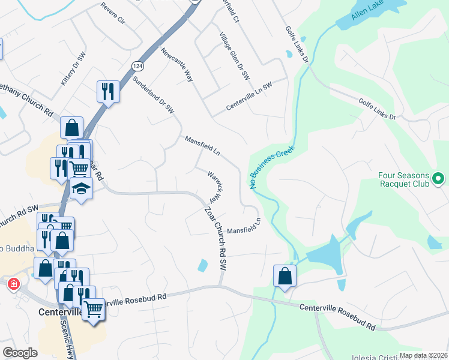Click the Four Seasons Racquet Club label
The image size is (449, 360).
coord(404,179)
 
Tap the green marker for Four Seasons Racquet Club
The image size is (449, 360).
coord(438,178)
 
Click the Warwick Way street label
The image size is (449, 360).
coord(215,187)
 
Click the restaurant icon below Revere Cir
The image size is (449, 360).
coord(107,91)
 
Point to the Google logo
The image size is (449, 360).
coord(20,353)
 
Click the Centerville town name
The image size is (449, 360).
coord(63,312)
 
